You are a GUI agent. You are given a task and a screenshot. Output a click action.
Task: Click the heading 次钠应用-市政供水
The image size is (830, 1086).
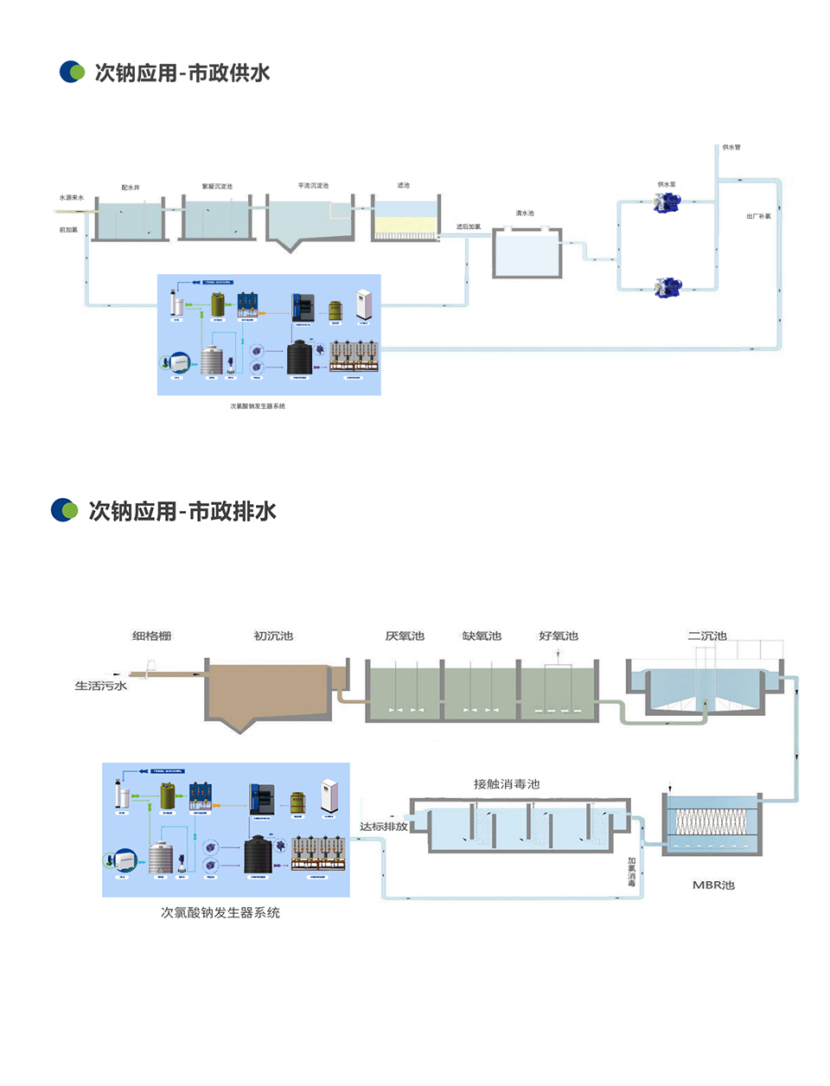tap(182, 73)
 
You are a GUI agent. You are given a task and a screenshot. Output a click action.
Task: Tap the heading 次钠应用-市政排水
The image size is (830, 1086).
tap(182, 511)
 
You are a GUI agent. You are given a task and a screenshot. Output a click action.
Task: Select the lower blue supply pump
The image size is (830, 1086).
tap(667, 287)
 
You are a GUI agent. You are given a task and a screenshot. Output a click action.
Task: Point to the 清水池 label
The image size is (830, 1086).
tap(525, 213)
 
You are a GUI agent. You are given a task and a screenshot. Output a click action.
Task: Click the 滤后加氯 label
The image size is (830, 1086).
tap(469, 227)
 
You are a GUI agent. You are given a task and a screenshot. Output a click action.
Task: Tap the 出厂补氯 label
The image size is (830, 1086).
tap(758, 216)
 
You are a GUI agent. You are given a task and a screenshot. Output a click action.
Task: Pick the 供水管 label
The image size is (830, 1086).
tap(731, 147)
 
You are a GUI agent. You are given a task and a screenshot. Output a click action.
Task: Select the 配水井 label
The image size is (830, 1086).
tap(131, 187)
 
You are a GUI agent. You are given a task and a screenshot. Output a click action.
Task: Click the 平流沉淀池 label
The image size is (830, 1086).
tap(313, 186)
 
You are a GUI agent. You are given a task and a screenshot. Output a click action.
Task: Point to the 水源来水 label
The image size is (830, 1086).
tap(71, 198)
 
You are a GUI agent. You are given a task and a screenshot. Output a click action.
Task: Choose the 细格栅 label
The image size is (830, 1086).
tap(152, 636)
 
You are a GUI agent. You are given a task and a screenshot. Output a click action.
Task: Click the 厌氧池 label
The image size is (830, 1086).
tap(405, 636)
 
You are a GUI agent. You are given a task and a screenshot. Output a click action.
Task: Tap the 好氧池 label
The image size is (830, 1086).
tap(559, 636)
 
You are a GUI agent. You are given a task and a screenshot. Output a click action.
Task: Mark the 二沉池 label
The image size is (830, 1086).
tap(707, 636)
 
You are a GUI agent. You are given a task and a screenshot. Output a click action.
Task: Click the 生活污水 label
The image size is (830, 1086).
tap(100, 686)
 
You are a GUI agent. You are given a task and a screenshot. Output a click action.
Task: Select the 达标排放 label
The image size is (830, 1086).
tap(383, 827)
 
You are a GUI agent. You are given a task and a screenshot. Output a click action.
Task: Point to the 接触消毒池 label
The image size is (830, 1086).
tap(507, 784)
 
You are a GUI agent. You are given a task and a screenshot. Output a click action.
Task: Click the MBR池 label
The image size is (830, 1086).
tap(713, 885)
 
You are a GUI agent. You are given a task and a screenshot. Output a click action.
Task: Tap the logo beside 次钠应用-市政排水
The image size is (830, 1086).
tap(65, 510)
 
